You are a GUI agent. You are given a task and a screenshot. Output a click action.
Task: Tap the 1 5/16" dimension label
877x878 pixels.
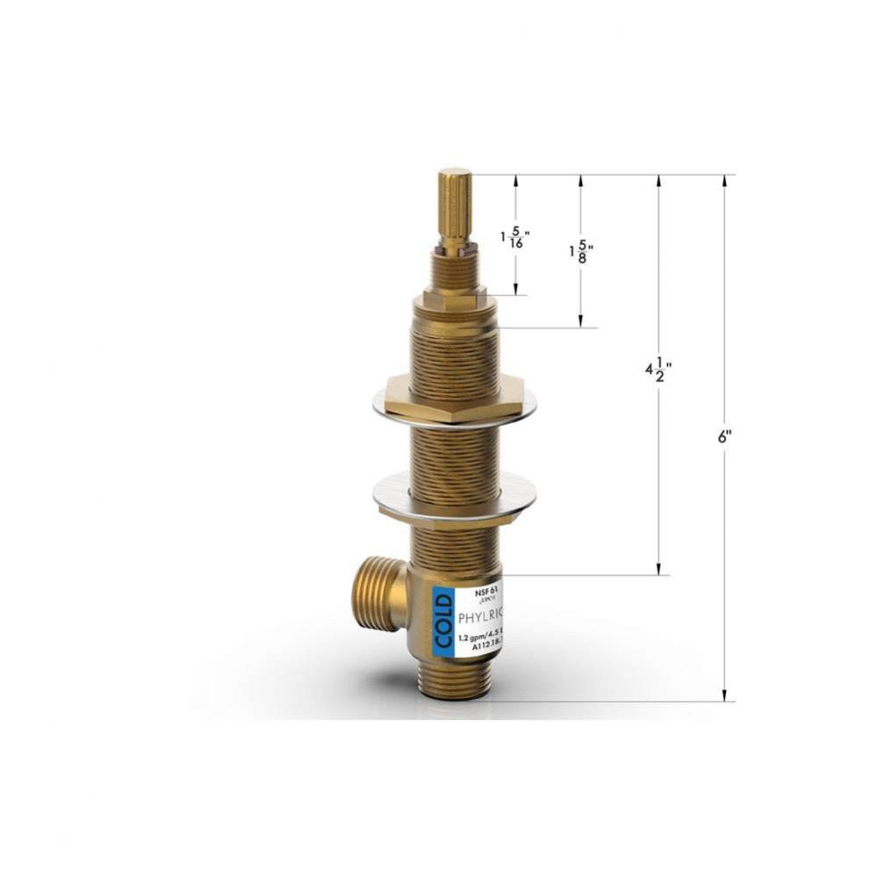point(515,238)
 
